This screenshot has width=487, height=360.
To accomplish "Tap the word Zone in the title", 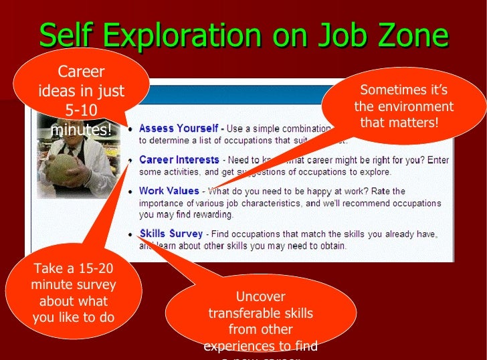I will tap(409, 35).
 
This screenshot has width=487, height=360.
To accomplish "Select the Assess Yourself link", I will tap(178, 128).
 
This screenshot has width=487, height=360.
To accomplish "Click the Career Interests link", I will tap(179, 160).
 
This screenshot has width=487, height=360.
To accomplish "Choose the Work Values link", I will tap(170, 191).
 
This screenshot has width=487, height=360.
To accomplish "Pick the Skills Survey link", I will tap(171, 234).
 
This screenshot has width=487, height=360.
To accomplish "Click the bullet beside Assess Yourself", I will tap(130, 128).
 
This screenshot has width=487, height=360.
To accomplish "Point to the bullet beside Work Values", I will tap(130, 191).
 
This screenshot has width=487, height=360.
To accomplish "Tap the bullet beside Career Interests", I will tap(130, 161).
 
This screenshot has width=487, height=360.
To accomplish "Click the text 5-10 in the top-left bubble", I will tap(81, 110).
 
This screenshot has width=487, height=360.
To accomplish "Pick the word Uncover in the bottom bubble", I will tap(260, 296).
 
